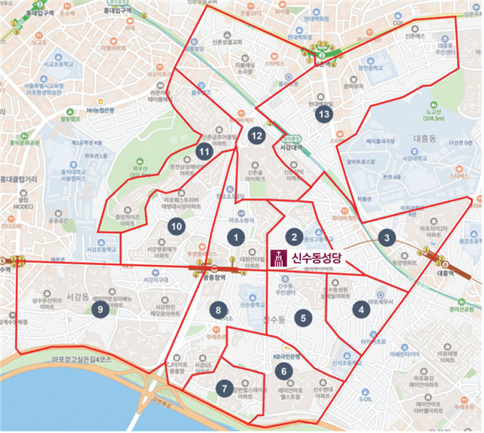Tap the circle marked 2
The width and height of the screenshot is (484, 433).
tap(293, 237)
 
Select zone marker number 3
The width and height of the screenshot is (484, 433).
tap(385, 237)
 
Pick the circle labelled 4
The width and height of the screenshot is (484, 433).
tap(361, 309)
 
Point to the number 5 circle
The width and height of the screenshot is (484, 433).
tap(303, 317)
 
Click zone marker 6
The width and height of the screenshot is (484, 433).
tap(283, 371)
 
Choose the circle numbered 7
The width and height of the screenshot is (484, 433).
tap(223, 388)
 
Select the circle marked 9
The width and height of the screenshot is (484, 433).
tap(100, 309)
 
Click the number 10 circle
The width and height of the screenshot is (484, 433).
tap(176, 226)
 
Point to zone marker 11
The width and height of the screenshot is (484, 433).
tap(204, 151)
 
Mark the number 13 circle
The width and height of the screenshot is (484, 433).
tap(323, 114)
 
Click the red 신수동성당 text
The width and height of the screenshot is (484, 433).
tap(318, 258)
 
